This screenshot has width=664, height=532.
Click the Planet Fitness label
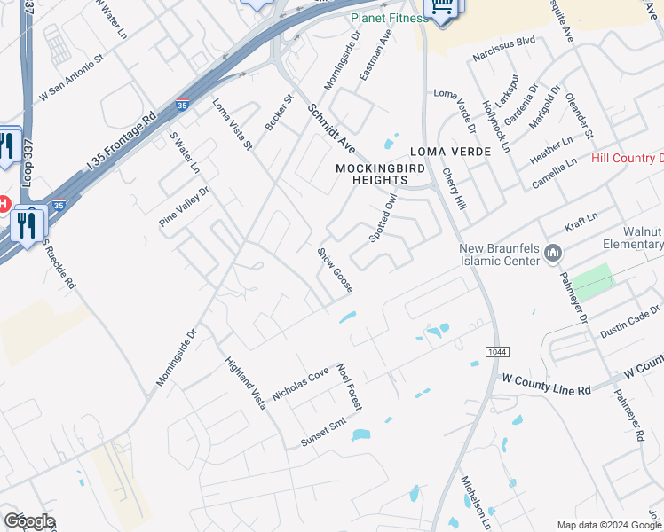(389, 18)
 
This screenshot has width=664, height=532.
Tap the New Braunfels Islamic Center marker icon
(555, 254)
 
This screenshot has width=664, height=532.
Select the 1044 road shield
(497, 352)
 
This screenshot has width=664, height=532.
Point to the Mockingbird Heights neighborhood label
(371, 173)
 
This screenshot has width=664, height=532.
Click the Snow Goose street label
(336, 270)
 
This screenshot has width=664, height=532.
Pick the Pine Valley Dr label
(184, 207)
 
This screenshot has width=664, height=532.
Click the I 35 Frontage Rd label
(122, 141)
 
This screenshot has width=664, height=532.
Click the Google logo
(29, 521)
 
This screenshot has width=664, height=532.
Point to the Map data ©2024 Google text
(608, 525)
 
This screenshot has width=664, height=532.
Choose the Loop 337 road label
(29, 19)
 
